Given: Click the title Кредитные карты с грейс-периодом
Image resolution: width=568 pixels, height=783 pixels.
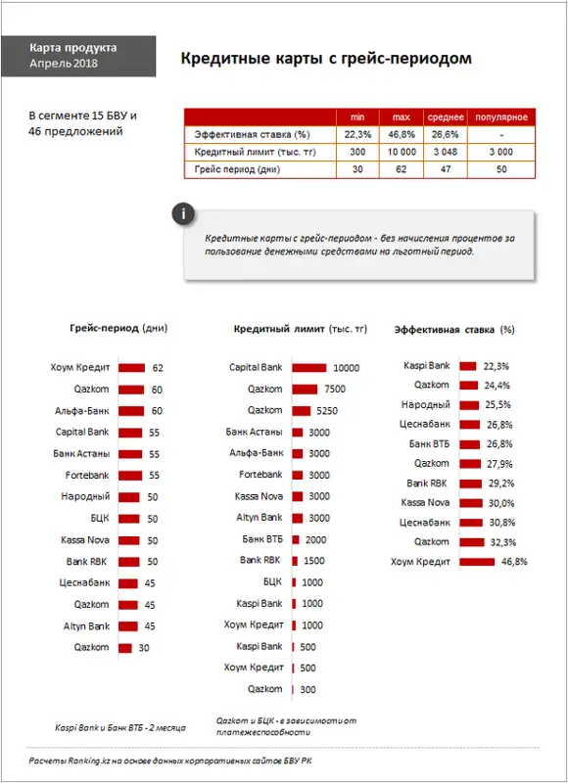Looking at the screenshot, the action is [326, 59].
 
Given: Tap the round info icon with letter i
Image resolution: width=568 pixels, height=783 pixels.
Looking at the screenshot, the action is [183, 214].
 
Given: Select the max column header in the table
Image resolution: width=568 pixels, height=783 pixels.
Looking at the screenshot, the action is [402, 117].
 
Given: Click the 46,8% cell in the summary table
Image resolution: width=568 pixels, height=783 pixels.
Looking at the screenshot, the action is [402, 134].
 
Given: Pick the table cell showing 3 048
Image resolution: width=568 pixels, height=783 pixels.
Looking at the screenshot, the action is [446, 152].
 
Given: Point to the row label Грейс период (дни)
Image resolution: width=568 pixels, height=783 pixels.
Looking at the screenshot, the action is [237, 169].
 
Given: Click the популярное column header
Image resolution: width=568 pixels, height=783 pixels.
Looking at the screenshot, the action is [501, 117].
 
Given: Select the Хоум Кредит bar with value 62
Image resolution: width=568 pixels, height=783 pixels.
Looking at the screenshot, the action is [132, 368].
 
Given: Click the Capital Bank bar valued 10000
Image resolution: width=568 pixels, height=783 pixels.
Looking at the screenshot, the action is [309, 368].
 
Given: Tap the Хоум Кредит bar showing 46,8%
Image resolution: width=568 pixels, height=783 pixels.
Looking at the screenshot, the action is [477, 562].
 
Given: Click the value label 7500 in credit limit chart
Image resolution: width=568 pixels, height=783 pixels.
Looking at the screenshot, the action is [335, 389].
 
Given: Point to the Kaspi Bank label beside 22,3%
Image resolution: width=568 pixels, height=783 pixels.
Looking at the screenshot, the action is [427, 365].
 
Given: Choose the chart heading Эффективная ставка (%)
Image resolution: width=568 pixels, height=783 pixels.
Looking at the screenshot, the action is [454, 330].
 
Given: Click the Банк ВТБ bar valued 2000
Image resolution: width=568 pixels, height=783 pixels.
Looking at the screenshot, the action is [296, 540].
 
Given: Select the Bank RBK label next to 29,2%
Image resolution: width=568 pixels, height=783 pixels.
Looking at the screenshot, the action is [427, 484].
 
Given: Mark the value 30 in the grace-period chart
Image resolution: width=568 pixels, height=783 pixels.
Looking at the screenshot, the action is [144, 648].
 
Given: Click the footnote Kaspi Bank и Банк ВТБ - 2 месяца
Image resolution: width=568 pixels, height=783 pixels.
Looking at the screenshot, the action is [119, 727].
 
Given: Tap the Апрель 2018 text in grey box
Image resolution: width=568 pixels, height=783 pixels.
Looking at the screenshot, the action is [64, 64].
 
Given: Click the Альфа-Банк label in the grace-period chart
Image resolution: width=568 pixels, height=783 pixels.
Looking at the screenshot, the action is [82, 411].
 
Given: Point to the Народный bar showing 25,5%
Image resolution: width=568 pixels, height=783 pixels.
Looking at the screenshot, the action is [469, 405].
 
